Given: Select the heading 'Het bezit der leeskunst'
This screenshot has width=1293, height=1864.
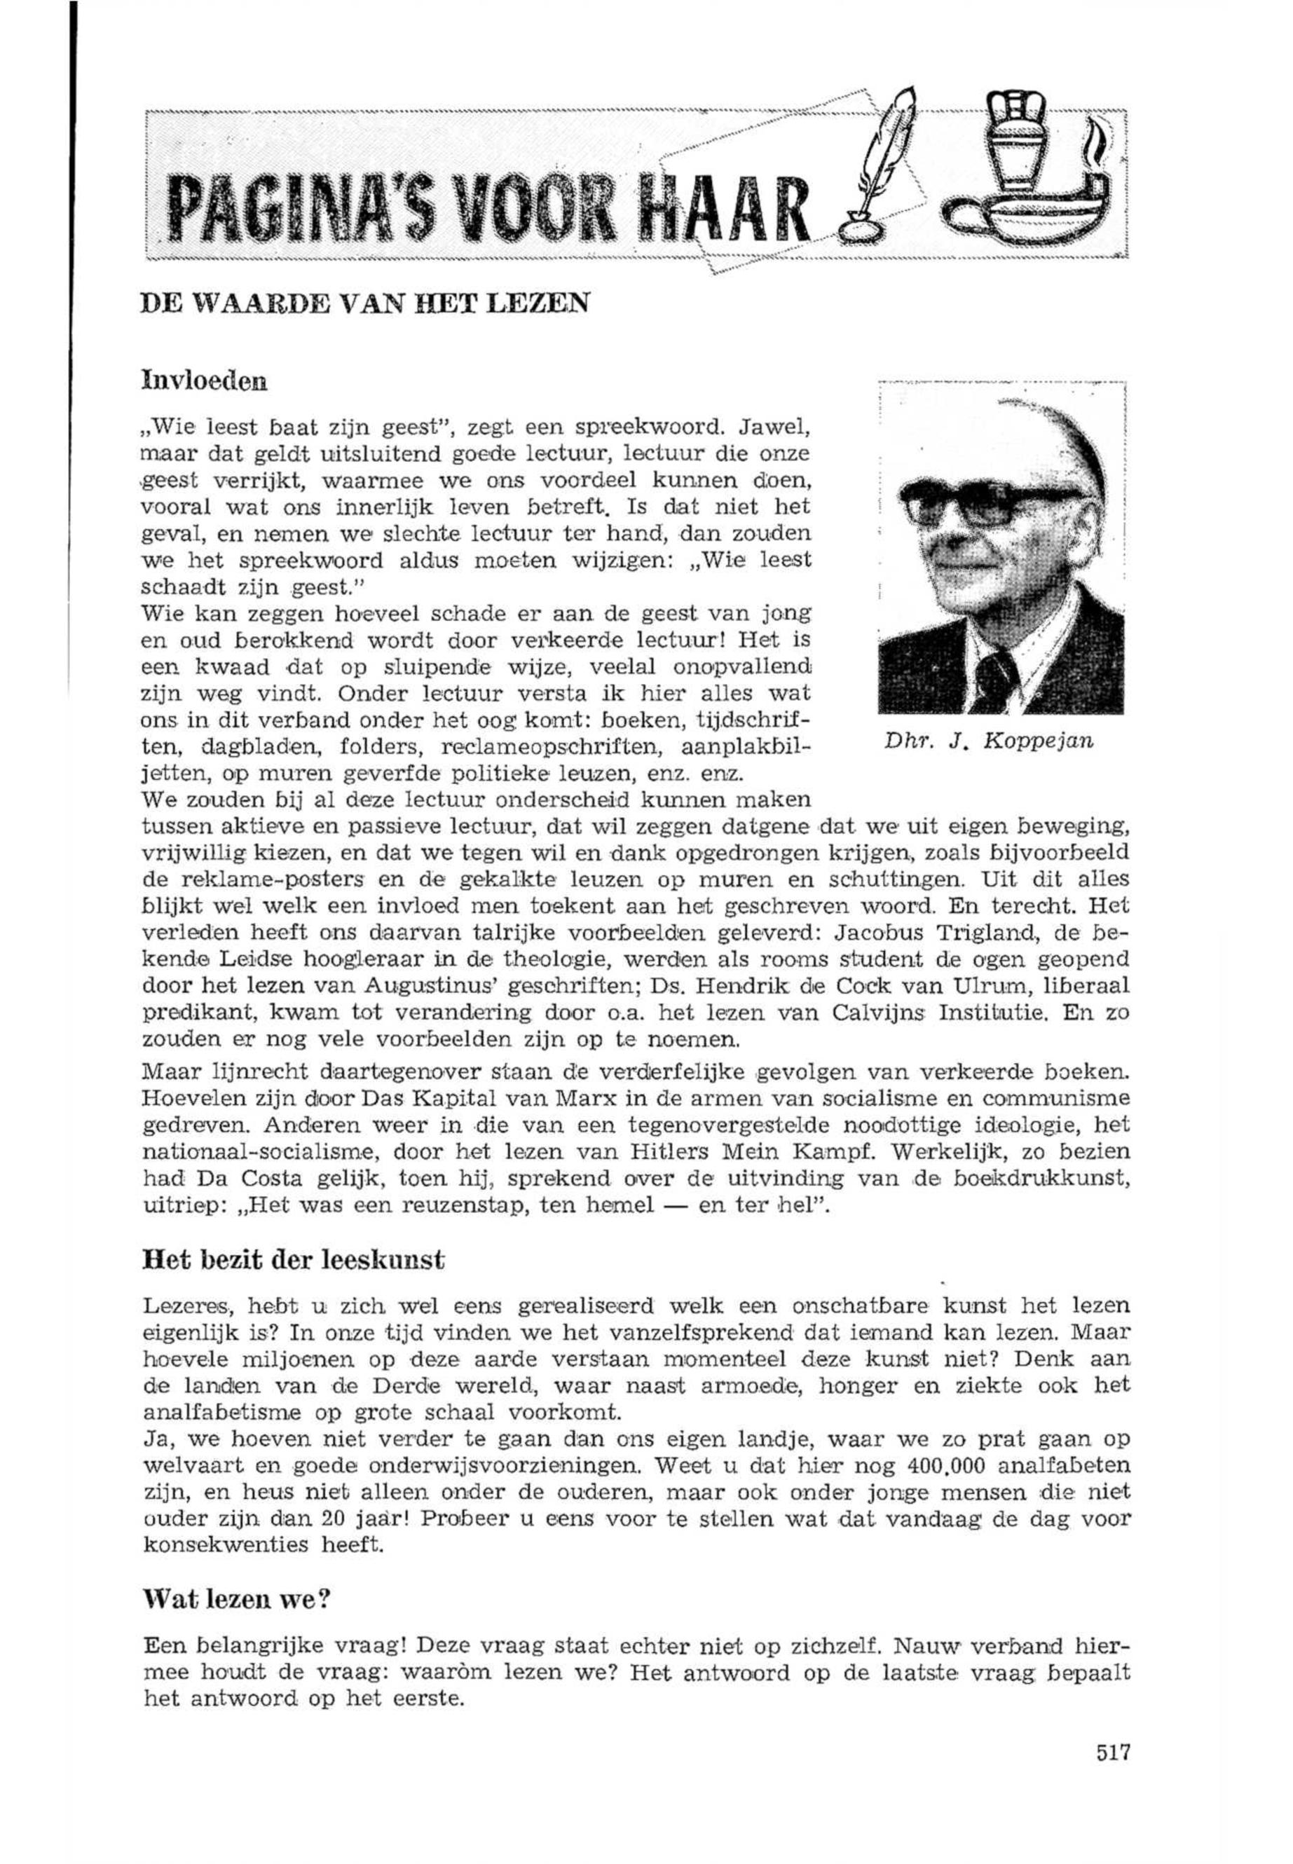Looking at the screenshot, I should pyautogui.click(x=293, y=1261).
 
